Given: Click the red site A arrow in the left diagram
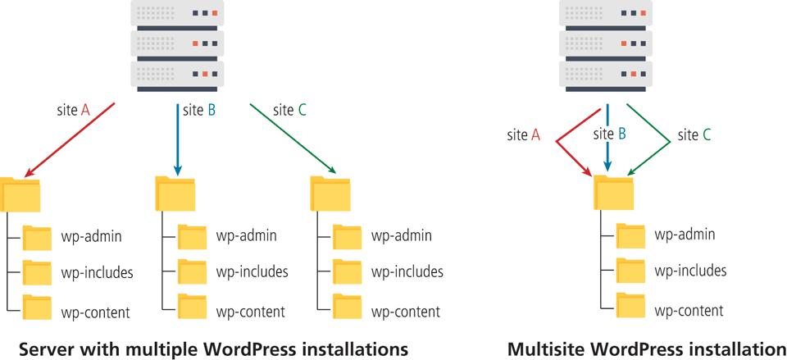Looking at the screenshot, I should point(72,139).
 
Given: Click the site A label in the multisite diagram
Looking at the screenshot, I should point(523,135).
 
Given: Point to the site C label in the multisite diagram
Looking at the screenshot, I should point(694,135).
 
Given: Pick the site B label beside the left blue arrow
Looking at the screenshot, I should point(199,110).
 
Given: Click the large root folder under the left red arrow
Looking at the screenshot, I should point(20,194).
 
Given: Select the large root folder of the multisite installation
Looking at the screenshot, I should point(613,194).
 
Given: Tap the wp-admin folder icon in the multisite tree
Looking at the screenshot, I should point(630,235).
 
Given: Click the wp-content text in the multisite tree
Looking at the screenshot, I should point(689,311).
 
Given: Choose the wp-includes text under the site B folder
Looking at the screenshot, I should point(252,272).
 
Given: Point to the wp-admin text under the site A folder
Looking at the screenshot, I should point(91,237).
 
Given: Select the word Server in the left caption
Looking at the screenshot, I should point(44,349).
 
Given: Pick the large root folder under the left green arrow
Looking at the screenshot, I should point(330,194).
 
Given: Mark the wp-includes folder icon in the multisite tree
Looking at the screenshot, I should point(630,270).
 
